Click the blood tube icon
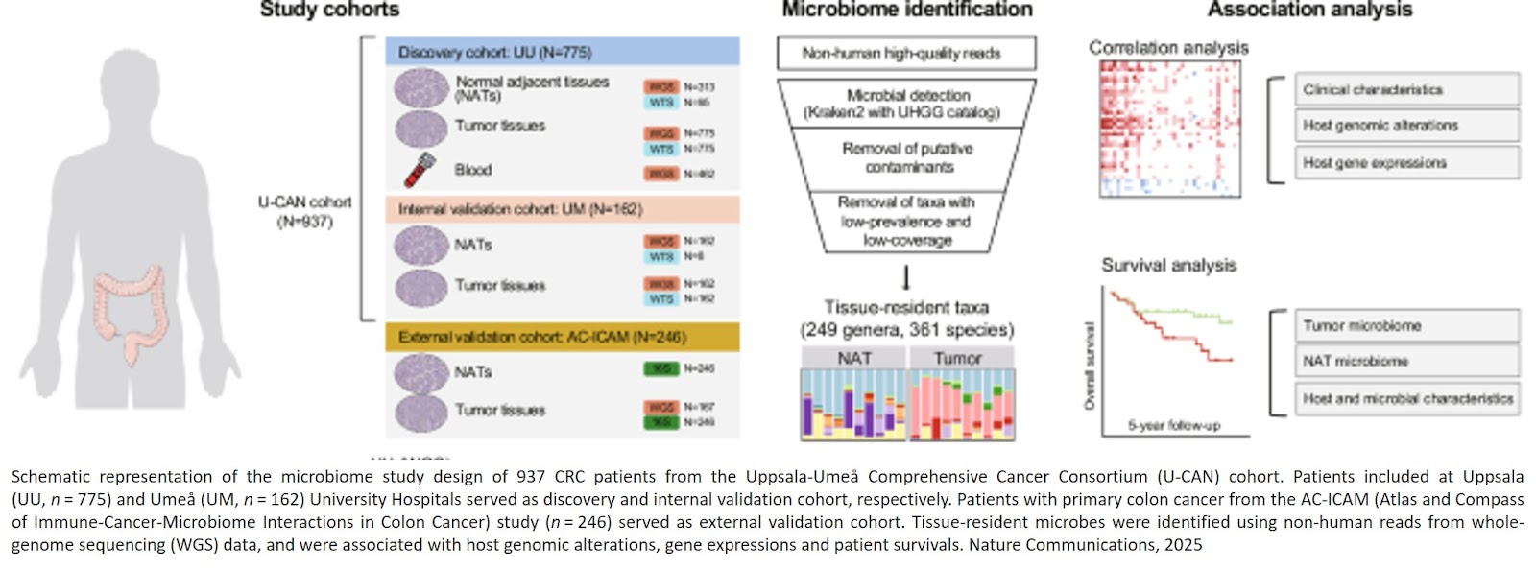(x=420, y=171)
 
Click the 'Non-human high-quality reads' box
(x=905, y=54)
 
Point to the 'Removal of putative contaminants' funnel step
(x=907, y=157)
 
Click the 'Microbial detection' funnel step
(x=907, y=104)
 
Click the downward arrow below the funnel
(x=906, y=278)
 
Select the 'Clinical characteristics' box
(x=1406, y=89)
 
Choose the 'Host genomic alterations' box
(x=1406, y=126)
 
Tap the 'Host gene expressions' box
(x=1406, y=163)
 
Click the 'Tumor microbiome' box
(x=1406, y=326)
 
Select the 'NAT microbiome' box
(x=1406, y=362)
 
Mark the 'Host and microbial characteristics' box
(x=1406, y=398)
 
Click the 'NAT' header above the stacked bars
(x=853, y=358)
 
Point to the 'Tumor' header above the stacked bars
(x=959, y=358)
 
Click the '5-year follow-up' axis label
(x=1173, y=425)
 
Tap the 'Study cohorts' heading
(x=329, y=10)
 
